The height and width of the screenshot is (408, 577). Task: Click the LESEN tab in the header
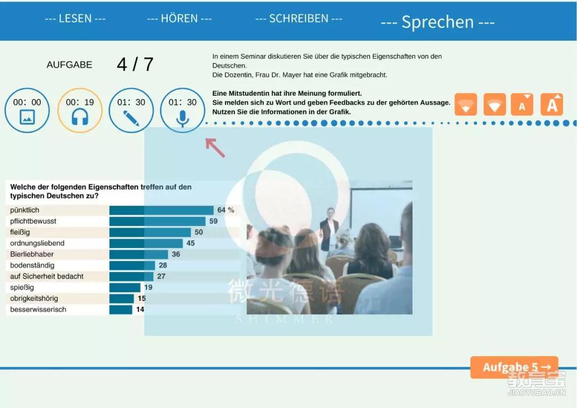coord(75,18)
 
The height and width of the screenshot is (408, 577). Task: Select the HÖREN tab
coord(179,18)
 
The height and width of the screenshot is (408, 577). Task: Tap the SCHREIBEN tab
coord(299,18)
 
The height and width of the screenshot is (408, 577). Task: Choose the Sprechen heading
coord(438,22)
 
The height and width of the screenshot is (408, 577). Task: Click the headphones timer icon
coord(80,118)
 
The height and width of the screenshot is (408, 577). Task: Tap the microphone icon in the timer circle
coord(183,118)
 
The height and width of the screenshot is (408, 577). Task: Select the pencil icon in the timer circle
coord(131,118)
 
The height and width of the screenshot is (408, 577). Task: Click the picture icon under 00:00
coord(27,117)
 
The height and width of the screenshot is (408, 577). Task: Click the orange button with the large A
coord(551,105)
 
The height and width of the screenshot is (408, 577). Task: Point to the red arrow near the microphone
coord(215,148)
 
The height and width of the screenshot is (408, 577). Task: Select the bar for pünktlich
coord(161,210)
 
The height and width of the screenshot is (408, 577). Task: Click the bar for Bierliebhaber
coord(139,255)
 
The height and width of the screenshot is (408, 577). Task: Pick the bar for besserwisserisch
coord(121,310)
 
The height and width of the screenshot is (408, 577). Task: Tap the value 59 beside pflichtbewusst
coord(213,221)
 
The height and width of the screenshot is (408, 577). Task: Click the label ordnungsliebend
coord(37,243)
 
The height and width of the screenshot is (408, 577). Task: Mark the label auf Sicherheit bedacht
coord(46,276)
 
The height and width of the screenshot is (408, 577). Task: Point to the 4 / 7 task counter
coord(135,65)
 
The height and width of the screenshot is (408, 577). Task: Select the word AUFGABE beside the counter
coord(69,65)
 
